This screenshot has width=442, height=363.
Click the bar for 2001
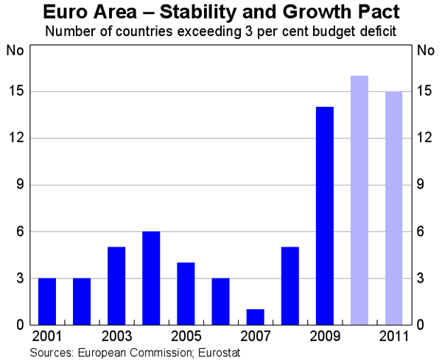[x=47, y=301]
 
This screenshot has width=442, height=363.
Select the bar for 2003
[x=116, y=286]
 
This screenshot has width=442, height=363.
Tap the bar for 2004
[x=151, y=278]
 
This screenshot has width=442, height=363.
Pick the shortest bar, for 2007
[x=255, y=317]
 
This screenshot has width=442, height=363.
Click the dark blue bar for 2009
[x=325, y=216]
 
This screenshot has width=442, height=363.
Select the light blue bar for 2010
[x=359, y=200]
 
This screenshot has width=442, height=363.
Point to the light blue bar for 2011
[x=394, y=208]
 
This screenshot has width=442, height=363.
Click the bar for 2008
[x=290, y=286]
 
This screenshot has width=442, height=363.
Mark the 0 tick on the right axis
[x=421, y=325]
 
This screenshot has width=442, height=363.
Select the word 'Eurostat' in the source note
[x=220, y=353]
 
